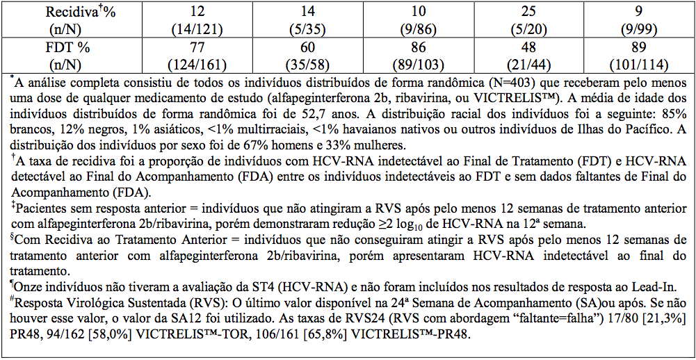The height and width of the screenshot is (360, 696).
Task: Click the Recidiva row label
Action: point(70,12)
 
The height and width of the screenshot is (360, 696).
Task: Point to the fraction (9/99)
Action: point(638,29)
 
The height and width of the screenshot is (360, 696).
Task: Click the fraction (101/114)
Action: point(638,65)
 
